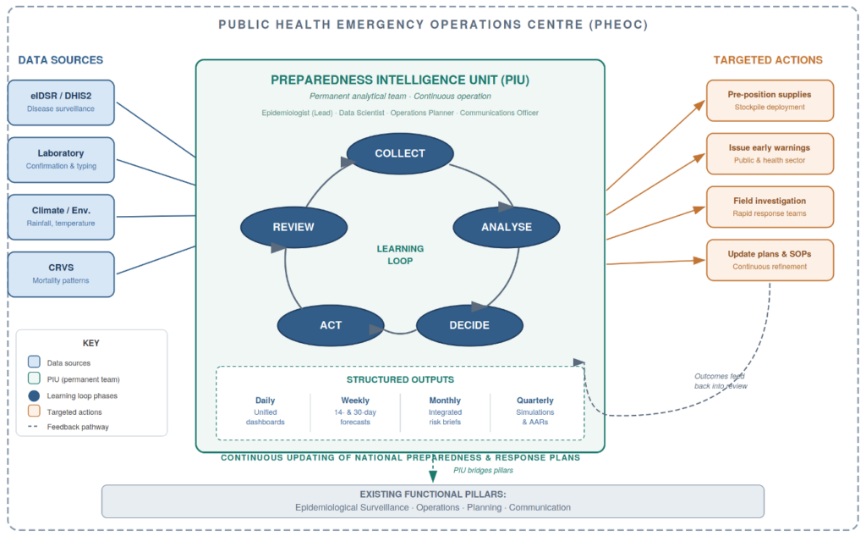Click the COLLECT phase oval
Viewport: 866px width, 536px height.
pos(400,153)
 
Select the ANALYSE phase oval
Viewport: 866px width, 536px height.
pos(507,227)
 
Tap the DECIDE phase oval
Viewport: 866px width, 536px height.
pos(469,325)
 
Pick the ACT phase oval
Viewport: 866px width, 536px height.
pos(331,325)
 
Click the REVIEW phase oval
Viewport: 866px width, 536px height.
pos(293,227)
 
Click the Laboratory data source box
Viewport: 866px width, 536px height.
pos(61,159)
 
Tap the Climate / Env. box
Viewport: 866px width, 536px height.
pos(61,217)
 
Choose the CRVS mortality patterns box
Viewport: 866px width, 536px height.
pos(61,274)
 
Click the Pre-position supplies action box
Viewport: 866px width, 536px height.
pos(770,101)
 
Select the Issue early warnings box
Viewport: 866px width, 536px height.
pos(770,153)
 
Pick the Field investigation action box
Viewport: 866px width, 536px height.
pos(770,207)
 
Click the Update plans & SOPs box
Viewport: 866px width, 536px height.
pos(770,260)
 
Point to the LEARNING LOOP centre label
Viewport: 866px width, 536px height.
pos(400,255)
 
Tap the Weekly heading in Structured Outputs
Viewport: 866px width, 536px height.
pos(355,401)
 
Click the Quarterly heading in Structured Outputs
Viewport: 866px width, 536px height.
pos(535,401)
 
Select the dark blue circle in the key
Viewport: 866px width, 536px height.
pos(34,395)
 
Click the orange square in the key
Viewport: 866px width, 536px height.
pos(34,412)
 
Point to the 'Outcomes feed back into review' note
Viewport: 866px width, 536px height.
pos(721,381)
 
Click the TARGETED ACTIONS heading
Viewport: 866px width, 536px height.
pos(768,60)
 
